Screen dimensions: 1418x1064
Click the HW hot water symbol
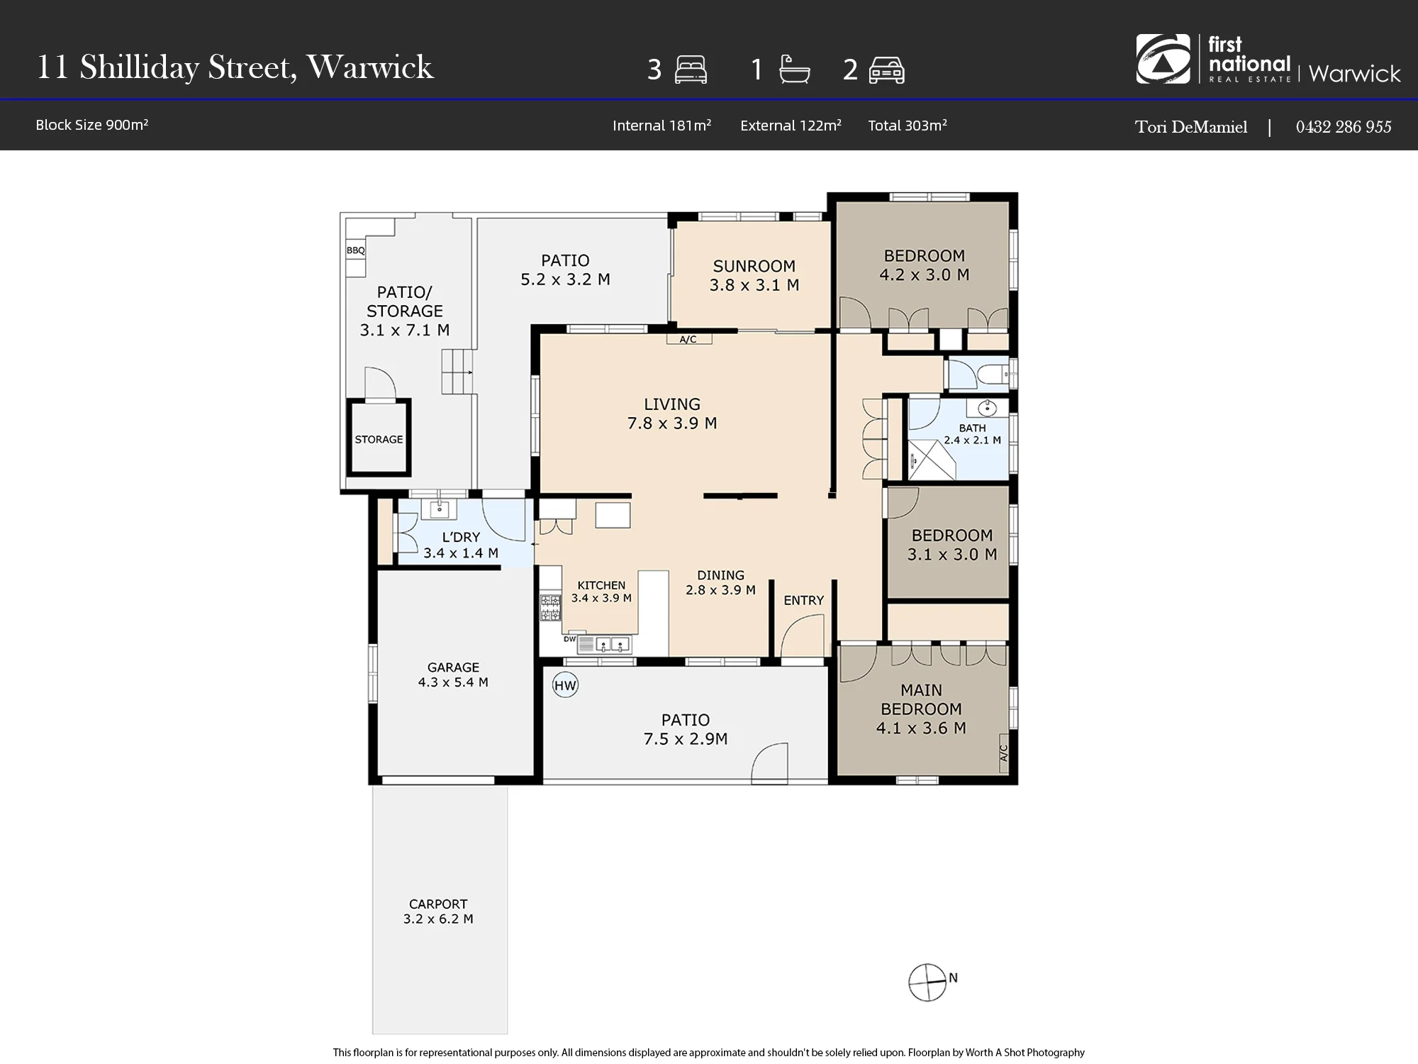[x=565, y=685]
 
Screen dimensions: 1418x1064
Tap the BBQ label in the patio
[x=355, y=250]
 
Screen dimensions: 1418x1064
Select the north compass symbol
[x=927, y=982]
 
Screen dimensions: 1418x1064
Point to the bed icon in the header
[x=691, y=70]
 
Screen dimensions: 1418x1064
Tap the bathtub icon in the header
[x=794, y=70]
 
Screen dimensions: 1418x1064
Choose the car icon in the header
[x=886, y=70]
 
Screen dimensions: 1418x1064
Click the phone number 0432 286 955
[x=1344, y=126]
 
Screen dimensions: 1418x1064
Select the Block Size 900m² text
[x=92, y=125]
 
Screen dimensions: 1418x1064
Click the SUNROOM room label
[x=754, y=266]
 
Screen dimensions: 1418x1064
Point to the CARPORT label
[x=438, y=904]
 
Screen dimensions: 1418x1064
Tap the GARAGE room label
[x=453, y=667]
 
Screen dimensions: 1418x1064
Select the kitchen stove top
[x=550, y=608]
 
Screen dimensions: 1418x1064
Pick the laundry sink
[x=440, y=509]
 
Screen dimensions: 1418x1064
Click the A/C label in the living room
[x=688, y=339]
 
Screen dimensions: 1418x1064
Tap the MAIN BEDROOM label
[x=921, y=699]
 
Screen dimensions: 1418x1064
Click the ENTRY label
[x=803, y=600]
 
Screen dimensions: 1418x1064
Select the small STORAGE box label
[x=379, y=439]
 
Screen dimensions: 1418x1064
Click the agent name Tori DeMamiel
[x=1191, y=127]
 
